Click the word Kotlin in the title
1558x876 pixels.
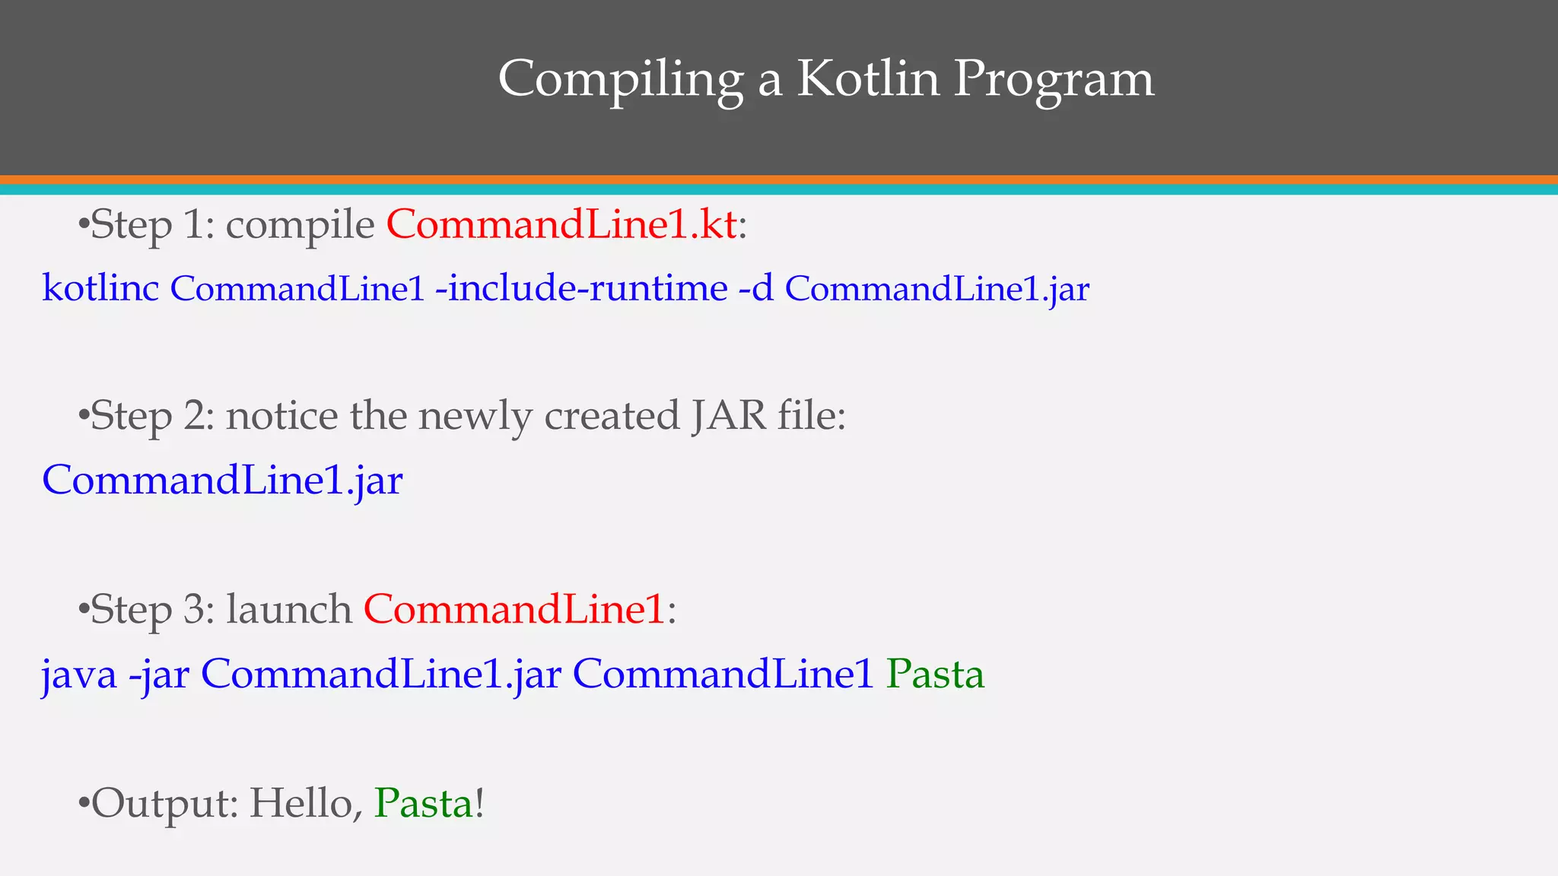click(867, 78)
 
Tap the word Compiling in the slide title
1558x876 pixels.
click(620, 80)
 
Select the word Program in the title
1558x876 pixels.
click(1053, 80)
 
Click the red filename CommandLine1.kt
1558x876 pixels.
click(561, 225)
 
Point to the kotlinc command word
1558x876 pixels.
click(100, 288)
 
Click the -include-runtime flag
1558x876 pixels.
click(581, 288)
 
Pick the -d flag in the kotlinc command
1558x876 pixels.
click(756, 288)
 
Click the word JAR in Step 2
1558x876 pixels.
click(729, 416)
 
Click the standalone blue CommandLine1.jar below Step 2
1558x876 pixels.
click(222, 481)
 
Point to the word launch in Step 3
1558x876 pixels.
click(289, 610)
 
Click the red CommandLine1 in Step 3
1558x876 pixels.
click(515, 610)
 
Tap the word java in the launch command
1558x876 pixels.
click(79, 674)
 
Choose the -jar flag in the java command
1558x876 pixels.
click(159, 674)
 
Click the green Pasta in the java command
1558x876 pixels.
click(935, 674)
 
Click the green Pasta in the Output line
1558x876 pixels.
click(424, 804)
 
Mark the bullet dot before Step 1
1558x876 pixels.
click(84, 225)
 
